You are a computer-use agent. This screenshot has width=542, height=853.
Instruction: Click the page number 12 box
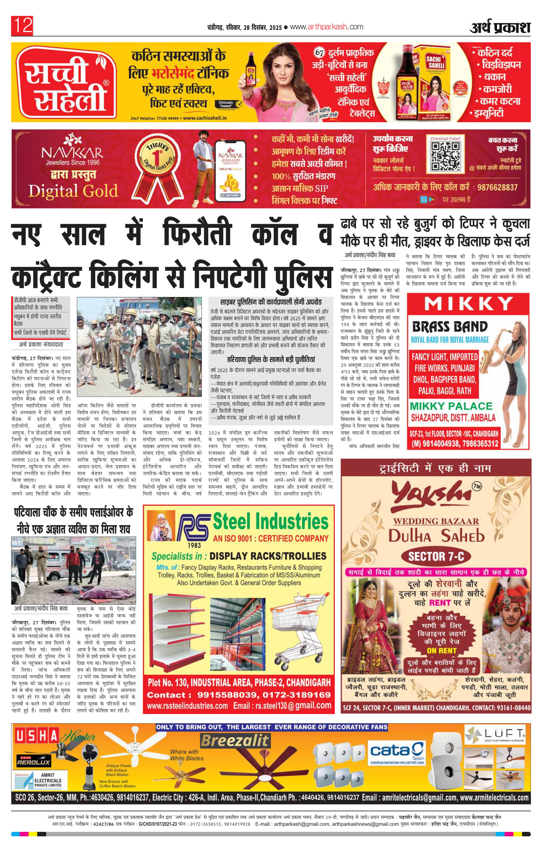22,26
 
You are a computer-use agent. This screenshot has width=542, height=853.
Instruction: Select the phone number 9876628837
497,188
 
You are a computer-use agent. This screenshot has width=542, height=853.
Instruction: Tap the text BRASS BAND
450,327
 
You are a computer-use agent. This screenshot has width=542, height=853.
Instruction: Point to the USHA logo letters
37,737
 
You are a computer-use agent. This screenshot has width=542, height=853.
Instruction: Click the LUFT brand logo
495,733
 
